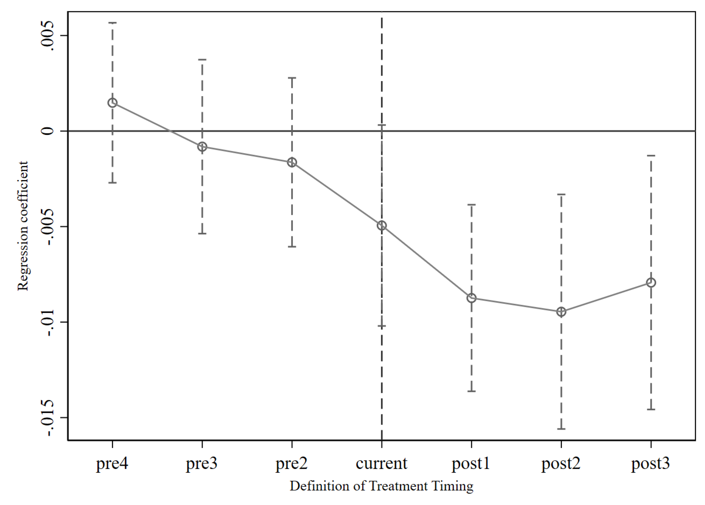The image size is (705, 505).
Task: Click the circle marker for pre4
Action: coord(112,103)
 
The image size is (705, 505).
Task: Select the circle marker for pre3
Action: coord(202,147)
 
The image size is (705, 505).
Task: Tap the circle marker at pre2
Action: coord(292,162)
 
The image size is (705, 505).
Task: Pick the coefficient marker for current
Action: coord(382,226)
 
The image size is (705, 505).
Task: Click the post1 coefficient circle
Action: coord(471,298)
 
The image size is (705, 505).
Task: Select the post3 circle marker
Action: coord(651,282)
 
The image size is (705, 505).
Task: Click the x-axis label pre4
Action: coord(112,464)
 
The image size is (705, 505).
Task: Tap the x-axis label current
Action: coord(381,464)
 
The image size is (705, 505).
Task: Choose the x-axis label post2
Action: coord(561,464)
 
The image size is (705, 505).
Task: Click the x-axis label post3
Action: coord(651,464)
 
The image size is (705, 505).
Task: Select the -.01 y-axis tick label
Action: coord(48,322)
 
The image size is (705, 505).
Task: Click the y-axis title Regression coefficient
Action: coord(23,226)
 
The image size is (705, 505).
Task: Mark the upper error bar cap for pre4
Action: coord(112,23)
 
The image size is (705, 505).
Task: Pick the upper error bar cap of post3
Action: coord(651,155)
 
